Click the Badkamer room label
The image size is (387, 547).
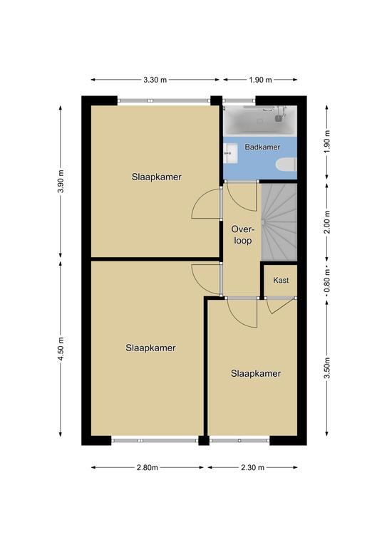click(262, 147)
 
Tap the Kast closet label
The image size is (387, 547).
click(281, 280)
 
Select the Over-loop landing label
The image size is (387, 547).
click(242, 235)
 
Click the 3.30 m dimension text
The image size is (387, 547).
click(155, 80)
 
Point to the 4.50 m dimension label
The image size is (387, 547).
click(61, 349)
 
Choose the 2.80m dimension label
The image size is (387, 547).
click(148, 467)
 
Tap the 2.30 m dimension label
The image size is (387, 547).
click(252, 467)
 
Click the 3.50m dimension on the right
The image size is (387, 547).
click(327, 368)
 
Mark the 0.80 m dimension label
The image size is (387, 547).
click(327, 281)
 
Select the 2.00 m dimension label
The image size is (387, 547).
click(327, 222)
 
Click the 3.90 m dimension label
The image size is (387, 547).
click(61, 182)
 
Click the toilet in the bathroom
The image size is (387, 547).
click(286, 165)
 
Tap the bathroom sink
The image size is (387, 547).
click(230, 153)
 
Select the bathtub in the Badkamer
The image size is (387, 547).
click(260, 120)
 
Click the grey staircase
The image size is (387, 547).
click(279, 222)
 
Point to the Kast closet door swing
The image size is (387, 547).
click(281, 306)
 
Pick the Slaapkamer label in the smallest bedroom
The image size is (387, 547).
click(256, 374)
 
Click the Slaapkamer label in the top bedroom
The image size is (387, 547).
click(156, 177)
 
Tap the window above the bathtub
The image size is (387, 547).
click(239, 100)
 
